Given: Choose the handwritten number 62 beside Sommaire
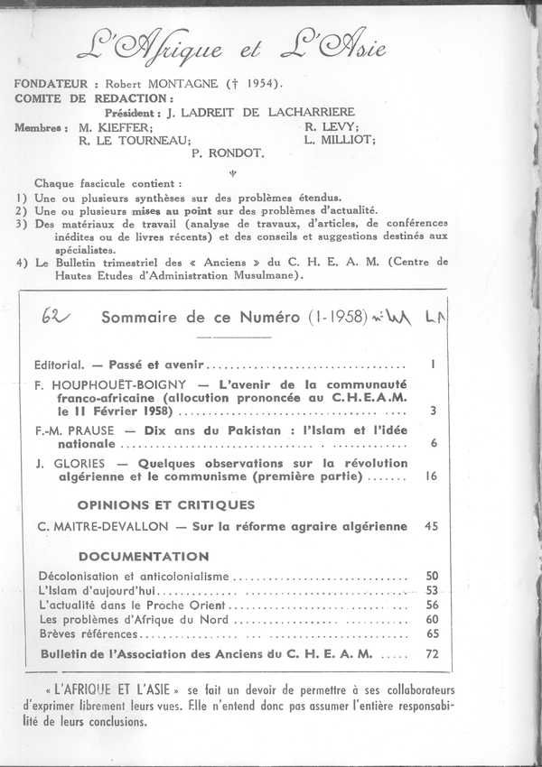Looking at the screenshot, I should click(x=68, y=317).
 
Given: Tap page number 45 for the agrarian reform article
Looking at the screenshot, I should click(x=431, y=526).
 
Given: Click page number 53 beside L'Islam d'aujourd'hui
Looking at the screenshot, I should click(x=431, y=590).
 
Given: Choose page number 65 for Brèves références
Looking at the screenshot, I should click(x=431, y=633).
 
